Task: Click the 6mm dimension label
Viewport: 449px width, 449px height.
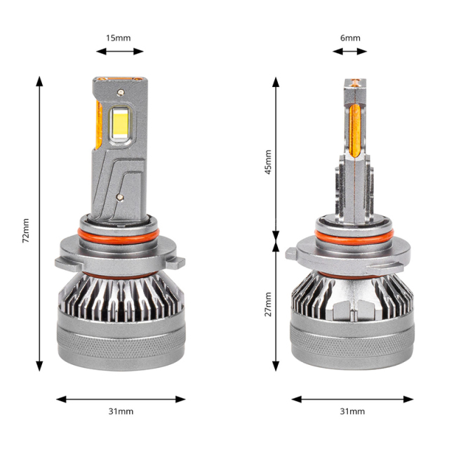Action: pyautogui.click(x=350, y=37)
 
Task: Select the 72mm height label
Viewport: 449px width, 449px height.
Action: pyautogui.click(x=26, y=230)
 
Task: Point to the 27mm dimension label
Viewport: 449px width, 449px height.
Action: pyautogui.click(x=267, y=303)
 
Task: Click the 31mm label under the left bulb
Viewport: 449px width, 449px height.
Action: pyautogui.click(x=121, y=411)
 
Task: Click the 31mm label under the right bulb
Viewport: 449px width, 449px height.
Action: pyautogui.click(x=351, y=411)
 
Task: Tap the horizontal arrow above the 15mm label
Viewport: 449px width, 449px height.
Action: pyautogui.click(x=119, y=51)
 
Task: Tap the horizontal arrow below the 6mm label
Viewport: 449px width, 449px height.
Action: pyautogui.click(x=350, y=51)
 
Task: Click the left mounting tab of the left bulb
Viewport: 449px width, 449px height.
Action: pyautogui.click(x=63, y=264)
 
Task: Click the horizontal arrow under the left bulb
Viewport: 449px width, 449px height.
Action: pyautogui.click(x=121, y=398)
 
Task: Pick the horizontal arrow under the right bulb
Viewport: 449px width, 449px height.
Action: pyautogui.click(x=350, y=398)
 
